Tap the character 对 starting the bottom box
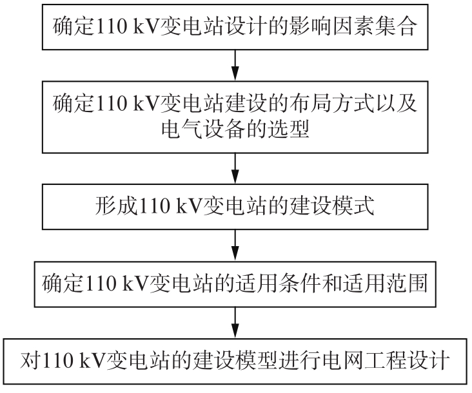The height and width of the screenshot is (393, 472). [30, 361]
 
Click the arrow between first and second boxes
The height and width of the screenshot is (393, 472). [235, 65]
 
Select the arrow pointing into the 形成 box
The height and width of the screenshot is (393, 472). [235, 168]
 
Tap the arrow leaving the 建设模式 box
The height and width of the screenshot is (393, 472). [235, 245]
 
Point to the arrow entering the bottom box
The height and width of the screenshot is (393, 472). [235, 323]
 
